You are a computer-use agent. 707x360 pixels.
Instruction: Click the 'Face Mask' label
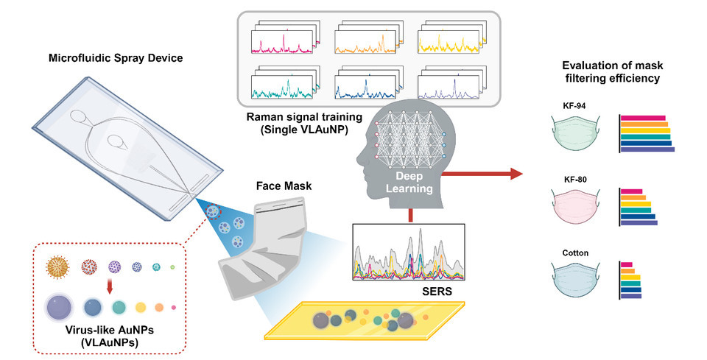pos(283,187)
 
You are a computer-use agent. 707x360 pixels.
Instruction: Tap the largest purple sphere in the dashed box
pos(58,306)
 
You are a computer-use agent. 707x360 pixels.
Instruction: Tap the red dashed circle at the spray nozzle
pos(214,212)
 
